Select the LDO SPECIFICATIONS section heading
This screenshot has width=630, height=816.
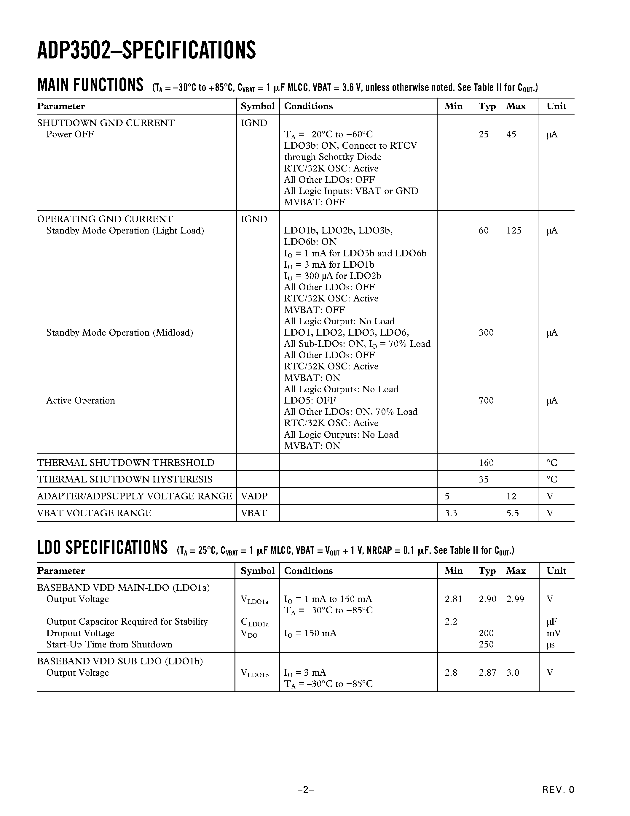click(x=102, y=548)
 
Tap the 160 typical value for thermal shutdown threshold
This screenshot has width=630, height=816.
click(x=486, y=463)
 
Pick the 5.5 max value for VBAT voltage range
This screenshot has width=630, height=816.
click(x=512, y=513)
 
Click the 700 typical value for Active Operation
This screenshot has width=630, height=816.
click(x=486, y=401)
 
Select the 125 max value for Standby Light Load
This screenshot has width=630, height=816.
click(x=513, y=231)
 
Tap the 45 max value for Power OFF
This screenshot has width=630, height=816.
click(x=511, y=134)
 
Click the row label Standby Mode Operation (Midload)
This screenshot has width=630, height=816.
click(x=119, y=333)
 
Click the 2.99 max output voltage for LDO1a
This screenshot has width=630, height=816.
click(x=515, y=599)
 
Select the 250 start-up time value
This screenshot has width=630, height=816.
click(x=486, y=644)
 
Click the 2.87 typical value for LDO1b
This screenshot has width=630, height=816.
click(x=487, y=672)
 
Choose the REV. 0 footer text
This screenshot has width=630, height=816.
click(x=558, y=790)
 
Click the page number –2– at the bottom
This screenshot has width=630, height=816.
click(x=305, y=790)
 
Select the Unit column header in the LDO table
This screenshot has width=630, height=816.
click(x=556, y=571)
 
